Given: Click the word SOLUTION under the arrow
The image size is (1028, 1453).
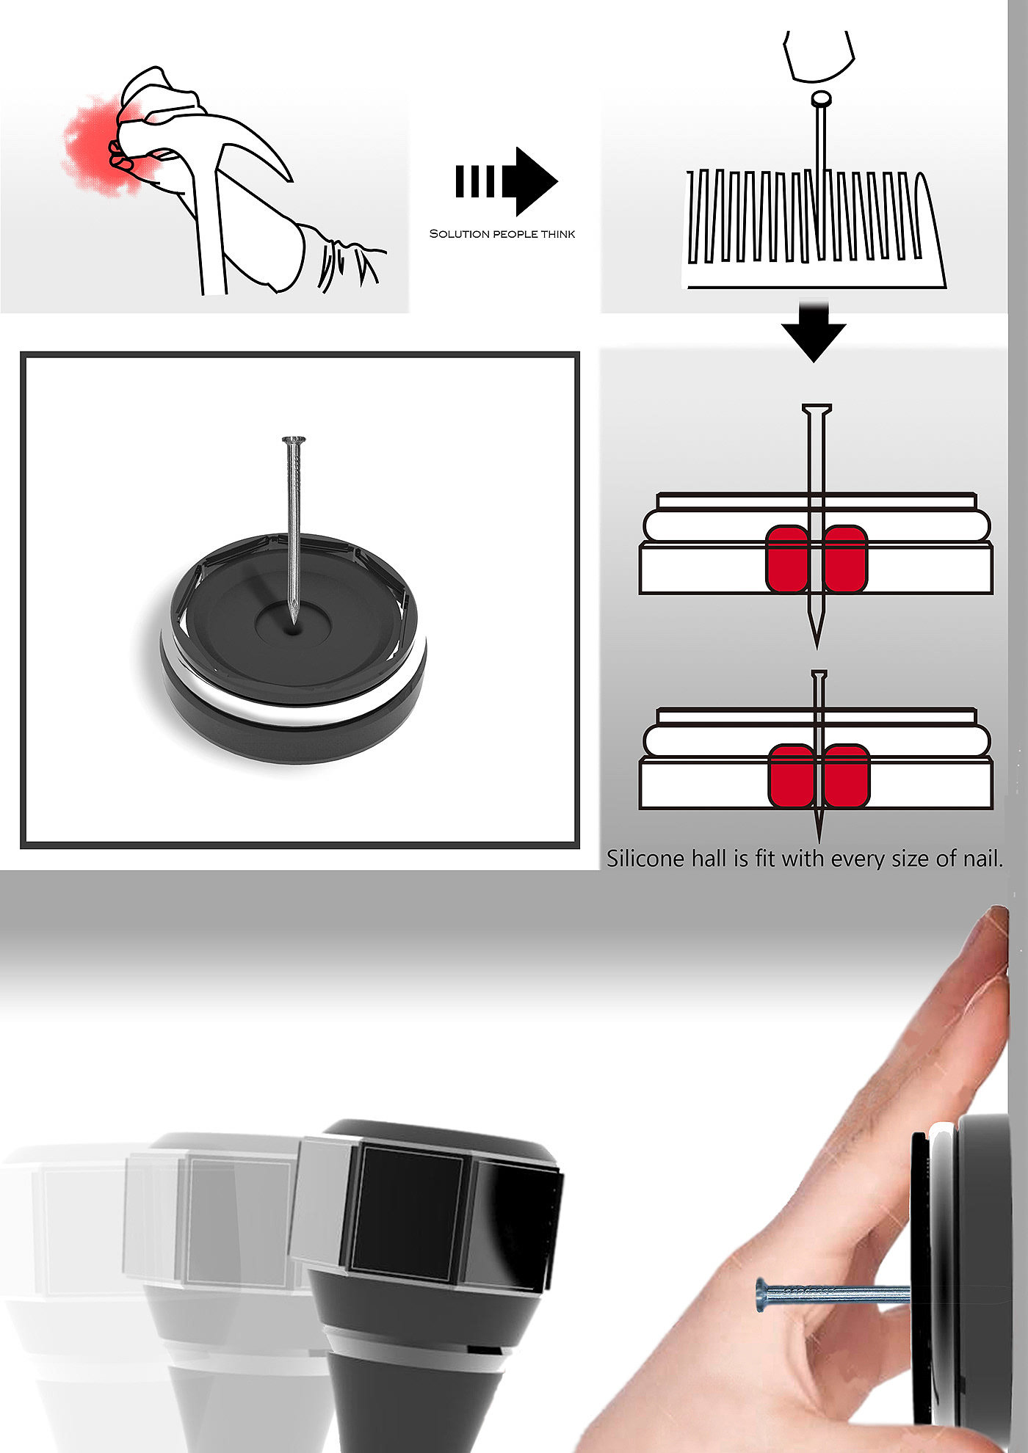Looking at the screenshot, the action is [x=459, y=234].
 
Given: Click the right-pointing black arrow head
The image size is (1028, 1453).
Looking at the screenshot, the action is [x=535, y=181].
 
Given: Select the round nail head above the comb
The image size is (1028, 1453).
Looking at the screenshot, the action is [x=821, y=98].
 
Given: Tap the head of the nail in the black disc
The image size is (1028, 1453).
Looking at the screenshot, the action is [x=294, y=440].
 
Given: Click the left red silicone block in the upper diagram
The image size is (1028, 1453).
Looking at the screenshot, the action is [x=786, y=558].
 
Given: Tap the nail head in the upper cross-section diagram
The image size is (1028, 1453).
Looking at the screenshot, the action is [x=817, y=409].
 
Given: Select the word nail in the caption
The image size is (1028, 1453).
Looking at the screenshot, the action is [x=982, y=859].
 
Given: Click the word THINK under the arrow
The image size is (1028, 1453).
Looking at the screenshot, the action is [x=558, y=234].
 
